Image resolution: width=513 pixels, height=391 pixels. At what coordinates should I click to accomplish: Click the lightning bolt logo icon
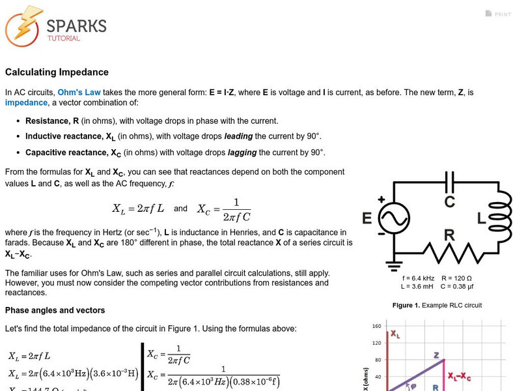[x=23, y=25]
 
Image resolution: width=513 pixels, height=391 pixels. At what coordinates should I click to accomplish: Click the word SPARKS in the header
[x=76, y=25]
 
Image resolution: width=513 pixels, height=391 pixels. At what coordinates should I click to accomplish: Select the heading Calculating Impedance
[x=57, y=72]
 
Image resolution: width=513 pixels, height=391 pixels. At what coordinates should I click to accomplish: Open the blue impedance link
[x=26, y=102]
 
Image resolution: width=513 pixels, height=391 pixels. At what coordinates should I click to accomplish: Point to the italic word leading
[x=239, y=136]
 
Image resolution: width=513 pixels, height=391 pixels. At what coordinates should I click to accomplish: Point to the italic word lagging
[x=242, y=152]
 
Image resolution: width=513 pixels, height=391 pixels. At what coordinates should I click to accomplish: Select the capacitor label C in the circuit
[x=449, y=201]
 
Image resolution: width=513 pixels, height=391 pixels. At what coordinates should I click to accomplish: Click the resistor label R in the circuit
[x=449, y=234]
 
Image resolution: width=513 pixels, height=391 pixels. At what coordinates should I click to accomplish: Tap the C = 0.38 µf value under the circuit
[x=458, y=286]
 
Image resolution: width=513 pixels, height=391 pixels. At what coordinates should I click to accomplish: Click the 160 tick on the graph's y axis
[x=376, y=326]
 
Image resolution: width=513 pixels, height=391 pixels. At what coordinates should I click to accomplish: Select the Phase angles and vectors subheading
[x=55, y=310]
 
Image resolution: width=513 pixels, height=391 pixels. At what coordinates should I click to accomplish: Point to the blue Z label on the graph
[x=437, y=355]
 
